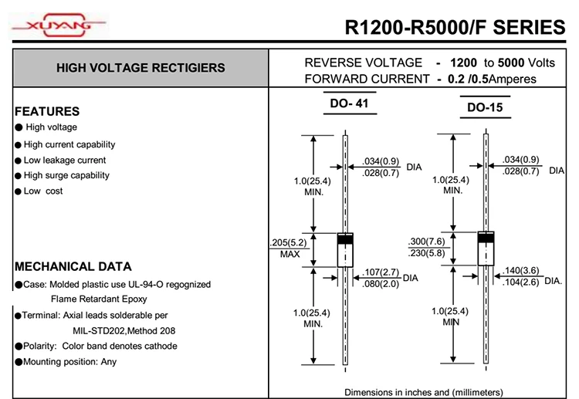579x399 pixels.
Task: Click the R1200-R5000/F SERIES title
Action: [x=455, y=28]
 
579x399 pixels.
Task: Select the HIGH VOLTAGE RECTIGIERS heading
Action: [x=141, y=68]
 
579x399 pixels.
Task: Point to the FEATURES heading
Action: [x=47, y=111]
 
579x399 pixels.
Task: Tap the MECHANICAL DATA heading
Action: [x=73, y=267]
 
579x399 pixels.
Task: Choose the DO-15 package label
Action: [x=485, y=108]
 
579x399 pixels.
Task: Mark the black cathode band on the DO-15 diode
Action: [x=486, y=237]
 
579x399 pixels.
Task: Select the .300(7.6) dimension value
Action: [x=427, y=242]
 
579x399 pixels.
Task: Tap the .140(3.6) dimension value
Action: [x=521, y=271]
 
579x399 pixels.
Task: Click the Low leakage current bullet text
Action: [x=65, y=160]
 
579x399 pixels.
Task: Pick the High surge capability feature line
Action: [x=66, y=175]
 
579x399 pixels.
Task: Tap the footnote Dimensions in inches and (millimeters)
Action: [x=423, y=392]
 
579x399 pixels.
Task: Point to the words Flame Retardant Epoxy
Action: [x=99, y=299]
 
